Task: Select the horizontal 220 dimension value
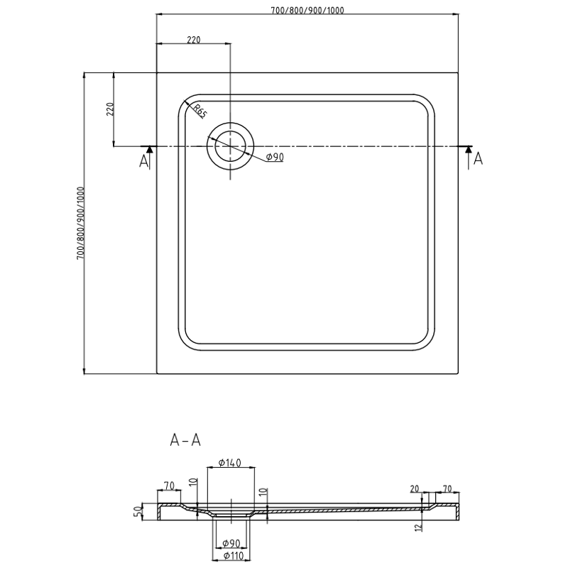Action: pyautogui.click(x=192, y=39)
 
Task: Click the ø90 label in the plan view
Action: pyautogui.click(x=274, y=158)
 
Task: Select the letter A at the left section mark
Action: pyautogui.click(x=144, y=161)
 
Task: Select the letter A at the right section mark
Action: pyautogui.click(x=478, y=159)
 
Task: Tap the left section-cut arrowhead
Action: pyautogui.click(x=148, y=148)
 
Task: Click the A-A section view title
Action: pyautogui.click(x=185, y=440)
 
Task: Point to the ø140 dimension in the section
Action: pyautogui.click(x=230, y=463)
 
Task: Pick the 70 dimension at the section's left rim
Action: pyautogui.click(x=169, y=486)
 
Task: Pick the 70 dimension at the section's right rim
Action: pyautogui.click(x=447, y=488)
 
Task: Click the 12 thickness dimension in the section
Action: pyautogui.click(x=422, y=526)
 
